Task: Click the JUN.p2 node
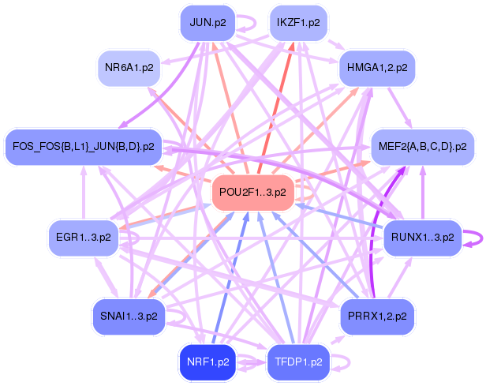click(208, 22)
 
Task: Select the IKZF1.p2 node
click(298, 22)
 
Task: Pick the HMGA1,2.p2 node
click(377, 68)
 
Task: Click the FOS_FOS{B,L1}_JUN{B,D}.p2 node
click(84, 146)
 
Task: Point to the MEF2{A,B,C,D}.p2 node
click(424, 146)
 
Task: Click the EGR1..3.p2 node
click(83, 236)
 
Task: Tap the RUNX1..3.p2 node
click(422, 236)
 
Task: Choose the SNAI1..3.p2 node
click(129, 317)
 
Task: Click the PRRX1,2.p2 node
click(377, 317)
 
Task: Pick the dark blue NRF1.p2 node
click(208, 362)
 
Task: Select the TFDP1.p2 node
click(299, 362)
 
